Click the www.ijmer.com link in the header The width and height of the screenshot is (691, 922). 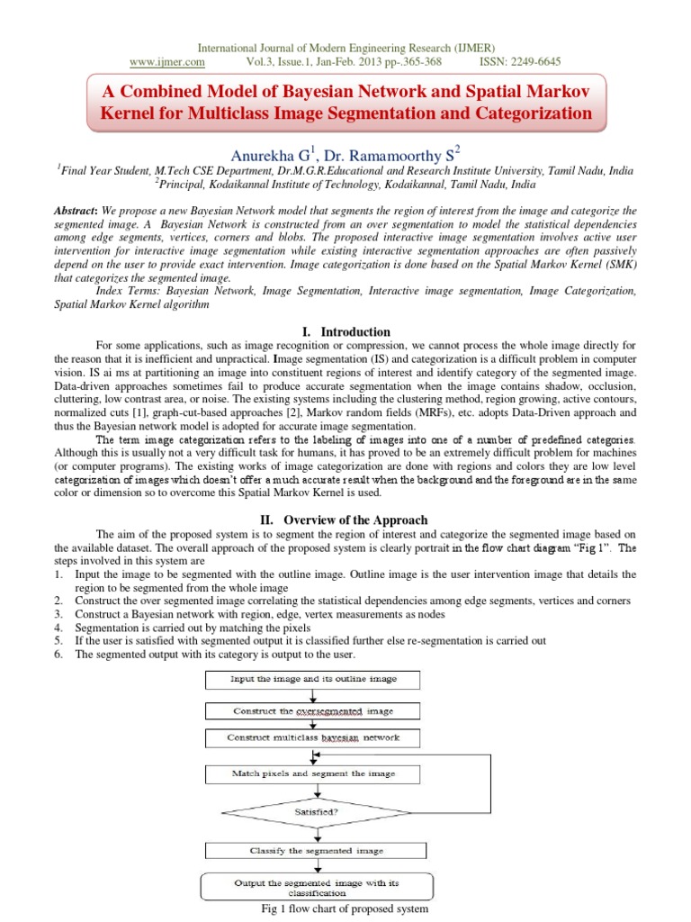click(167, 62)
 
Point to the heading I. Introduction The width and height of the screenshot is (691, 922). click(345, 331)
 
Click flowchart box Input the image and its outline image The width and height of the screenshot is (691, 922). click(313, 678)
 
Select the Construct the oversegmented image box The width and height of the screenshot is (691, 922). click(313, 710)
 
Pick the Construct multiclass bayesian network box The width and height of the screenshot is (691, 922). click(313, 737)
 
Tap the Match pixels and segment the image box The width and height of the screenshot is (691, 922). click(313, 773)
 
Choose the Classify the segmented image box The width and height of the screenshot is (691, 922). click(313, 850)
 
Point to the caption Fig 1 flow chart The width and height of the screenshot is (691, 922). click(345, 909)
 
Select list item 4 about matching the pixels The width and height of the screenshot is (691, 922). click(193, 628)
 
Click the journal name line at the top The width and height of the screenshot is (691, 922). click(345, 48)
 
